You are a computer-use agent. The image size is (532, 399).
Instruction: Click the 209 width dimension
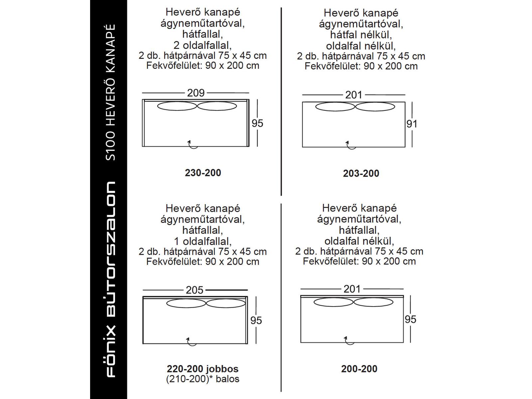[x=196, y=93]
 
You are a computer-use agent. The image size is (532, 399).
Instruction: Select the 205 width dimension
[x=195, y=290]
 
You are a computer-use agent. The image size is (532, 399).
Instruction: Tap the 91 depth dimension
[x=412, y=124]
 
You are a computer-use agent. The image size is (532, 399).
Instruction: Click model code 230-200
[x=203, y=173]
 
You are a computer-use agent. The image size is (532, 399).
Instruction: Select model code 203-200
[x=361, y=173]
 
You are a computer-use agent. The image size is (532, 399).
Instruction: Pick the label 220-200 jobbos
[x=203, y=369]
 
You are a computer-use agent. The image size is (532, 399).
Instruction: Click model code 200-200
[x=359, y=369]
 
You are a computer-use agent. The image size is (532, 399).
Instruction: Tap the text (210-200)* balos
[x=203, y=379]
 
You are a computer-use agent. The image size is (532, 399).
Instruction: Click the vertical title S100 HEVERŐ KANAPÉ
[x=110, y=92]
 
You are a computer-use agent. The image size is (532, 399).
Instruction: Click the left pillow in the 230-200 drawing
[x=177, y=106]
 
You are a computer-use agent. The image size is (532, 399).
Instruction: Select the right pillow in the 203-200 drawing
[x=375, y=107]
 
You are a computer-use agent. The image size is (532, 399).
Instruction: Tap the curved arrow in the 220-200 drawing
[x=191, y=341]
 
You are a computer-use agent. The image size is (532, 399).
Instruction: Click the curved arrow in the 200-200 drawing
[x=349, y=340]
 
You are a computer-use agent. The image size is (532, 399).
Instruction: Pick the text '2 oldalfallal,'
[x=203, y=45]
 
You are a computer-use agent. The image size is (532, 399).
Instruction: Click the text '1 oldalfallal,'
[x=203, y=241]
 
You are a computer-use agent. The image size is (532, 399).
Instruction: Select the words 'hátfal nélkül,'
[x=361, y=35]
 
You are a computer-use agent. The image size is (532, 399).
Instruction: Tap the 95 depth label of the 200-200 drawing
[x=410, y=319]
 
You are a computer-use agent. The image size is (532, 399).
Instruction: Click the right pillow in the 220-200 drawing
[x=226, y=303]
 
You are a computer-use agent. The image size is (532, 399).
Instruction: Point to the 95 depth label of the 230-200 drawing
[x=257, y=123]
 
